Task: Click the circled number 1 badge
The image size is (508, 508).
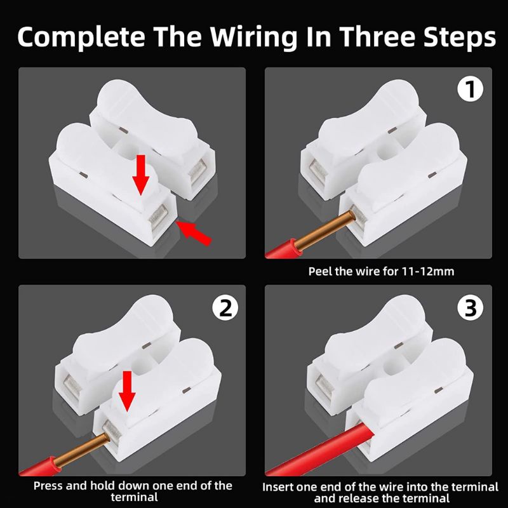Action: (471, 90)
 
